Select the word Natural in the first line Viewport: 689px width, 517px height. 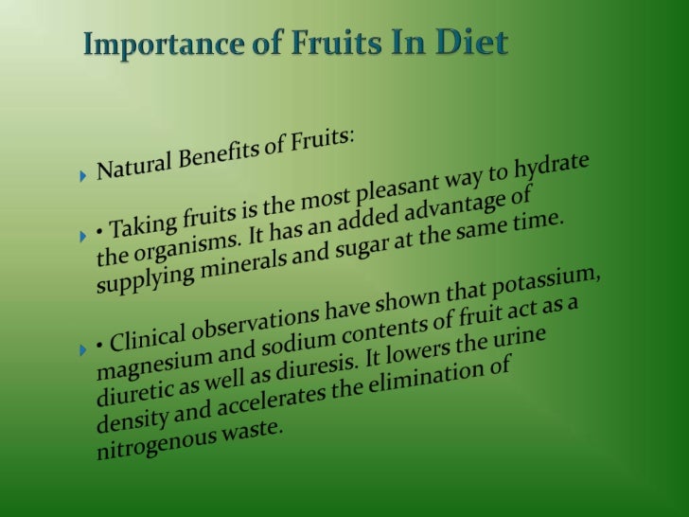click(x=136, y=168)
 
